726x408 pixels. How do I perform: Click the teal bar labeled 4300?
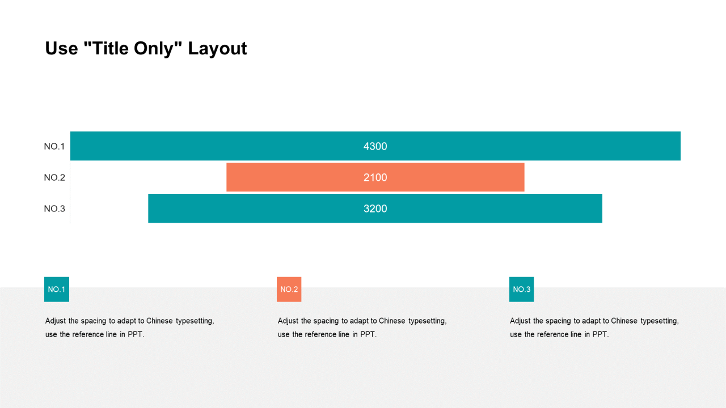375,146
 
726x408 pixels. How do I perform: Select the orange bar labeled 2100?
375,177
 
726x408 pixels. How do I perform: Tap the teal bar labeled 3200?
375,208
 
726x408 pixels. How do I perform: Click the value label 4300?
375,146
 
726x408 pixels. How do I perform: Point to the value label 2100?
375,177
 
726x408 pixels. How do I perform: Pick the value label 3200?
375,209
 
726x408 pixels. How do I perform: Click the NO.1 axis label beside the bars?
54,146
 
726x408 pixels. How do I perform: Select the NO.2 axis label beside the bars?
54,177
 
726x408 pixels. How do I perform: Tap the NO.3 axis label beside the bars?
54,209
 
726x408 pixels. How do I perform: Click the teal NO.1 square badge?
57,289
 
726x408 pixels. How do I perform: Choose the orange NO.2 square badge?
289,289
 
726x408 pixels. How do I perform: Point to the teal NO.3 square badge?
521,289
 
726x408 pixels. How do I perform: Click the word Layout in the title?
217,49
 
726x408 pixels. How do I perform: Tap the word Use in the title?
62,49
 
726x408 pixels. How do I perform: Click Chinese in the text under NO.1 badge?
159,321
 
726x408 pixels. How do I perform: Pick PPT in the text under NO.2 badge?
368,334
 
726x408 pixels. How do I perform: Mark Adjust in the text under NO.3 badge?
520,321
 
